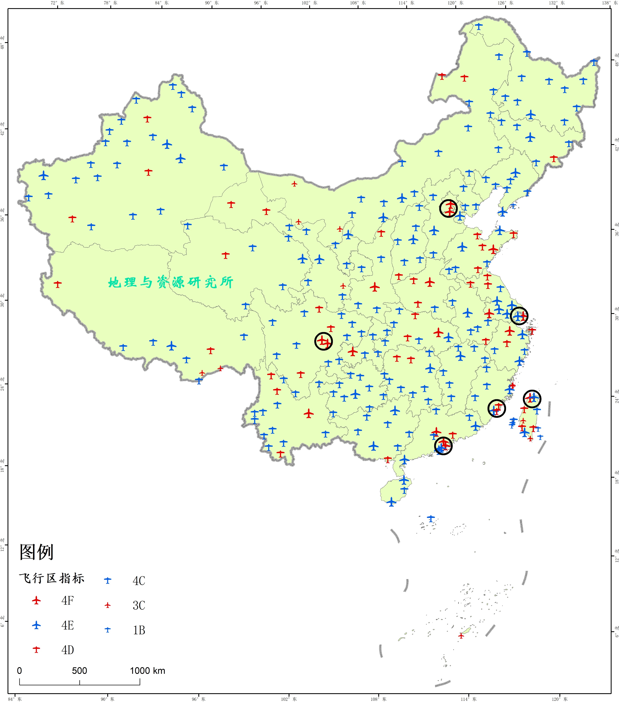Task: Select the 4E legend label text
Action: click(x=68, y=625)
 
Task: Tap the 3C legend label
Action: click(x=139, y=605)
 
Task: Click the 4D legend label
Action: click(x=68, y=650)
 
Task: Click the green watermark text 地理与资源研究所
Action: click(x=171, y=282)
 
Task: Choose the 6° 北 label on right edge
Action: click(x=617, y=632)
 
